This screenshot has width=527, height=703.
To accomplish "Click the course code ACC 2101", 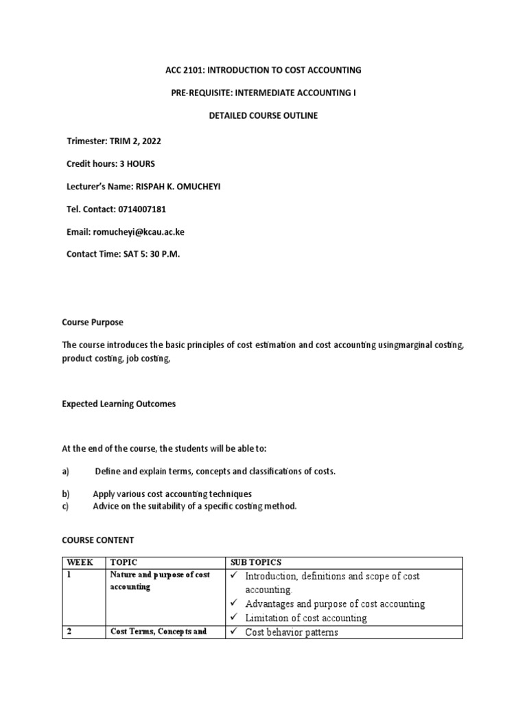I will (184, 70).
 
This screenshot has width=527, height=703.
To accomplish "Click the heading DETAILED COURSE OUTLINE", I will (263, 115).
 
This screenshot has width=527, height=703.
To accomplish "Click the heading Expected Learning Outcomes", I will (119, 404).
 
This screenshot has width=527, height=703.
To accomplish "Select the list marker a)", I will (66, 471).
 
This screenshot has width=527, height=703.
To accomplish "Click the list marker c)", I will (66, 506).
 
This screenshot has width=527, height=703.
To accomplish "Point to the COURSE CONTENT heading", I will (97, 540).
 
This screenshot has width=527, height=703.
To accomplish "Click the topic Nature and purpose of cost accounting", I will (159, 581).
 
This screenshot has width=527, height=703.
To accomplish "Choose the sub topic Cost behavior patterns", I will (292, 632).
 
